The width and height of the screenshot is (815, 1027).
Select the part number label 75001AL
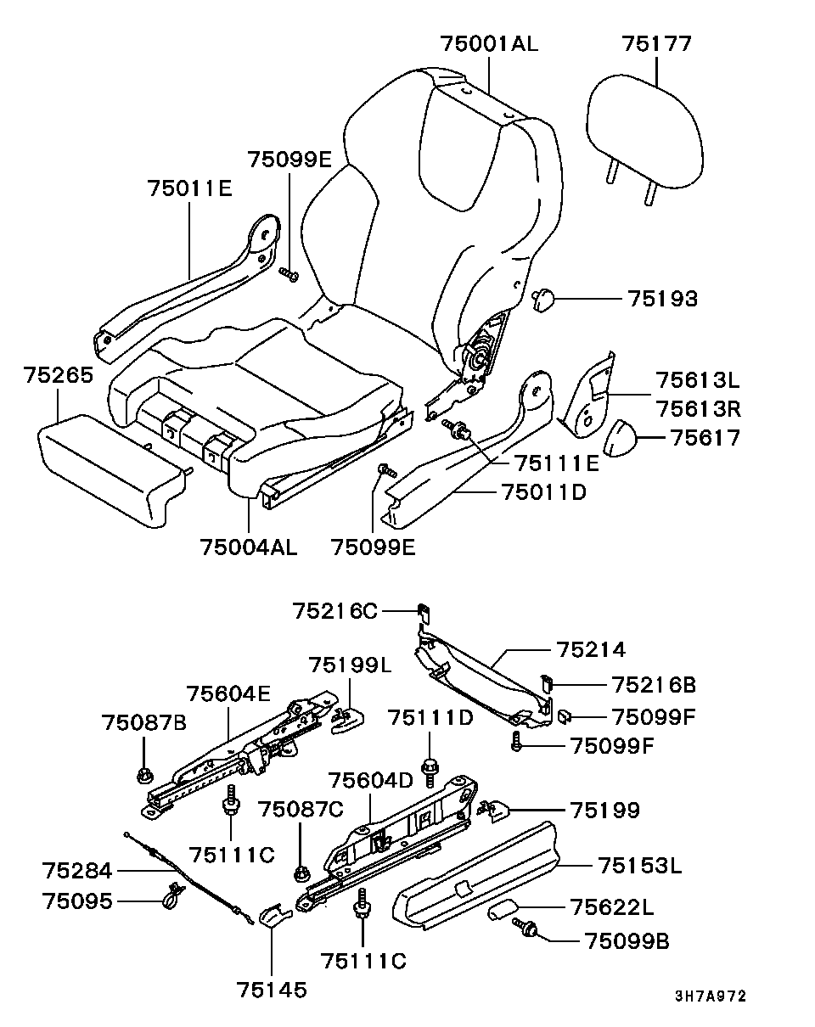coord(489,44)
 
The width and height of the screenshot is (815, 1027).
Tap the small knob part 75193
coord(543,299)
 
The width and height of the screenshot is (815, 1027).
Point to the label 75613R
coord(698,409)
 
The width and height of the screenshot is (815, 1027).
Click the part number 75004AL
coord(249,547)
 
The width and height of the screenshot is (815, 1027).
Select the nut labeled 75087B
coord(143,774)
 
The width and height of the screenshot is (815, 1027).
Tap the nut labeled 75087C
coord(301,873)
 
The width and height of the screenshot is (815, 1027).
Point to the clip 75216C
coord(422,610)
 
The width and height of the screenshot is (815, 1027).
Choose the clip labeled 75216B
coord(548,682)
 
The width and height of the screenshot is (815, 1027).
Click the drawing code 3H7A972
coord(711,996)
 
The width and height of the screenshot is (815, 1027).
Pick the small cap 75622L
coord(503,911)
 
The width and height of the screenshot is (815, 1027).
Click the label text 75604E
coord(228,694)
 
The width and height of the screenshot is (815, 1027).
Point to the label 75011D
coord(544,491)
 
